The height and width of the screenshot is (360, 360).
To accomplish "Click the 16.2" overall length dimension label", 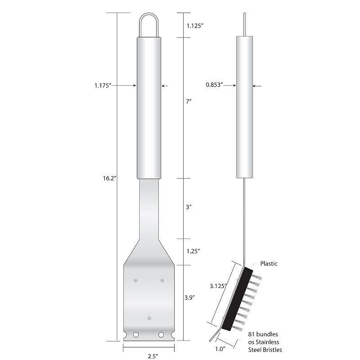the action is tap(110, 178).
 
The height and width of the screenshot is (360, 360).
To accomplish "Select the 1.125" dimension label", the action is tap(195, 26).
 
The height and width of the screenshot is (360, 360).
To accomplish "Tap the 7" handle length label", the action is tap(189, 101).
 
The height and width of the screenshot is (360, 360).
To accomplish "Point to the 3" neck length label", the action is tap(189, 207).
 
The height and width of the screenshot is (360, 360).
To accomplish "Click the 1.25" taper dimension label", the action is tap(193, 251).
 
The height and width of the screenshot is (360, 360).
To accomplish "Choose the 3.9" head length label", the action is tap(189, 297).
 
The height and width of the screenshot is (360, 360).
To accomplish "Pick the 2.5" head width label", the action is tap(153, 356).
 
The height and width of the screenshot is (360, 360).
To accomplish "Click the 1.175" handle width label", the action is tap(103, 85).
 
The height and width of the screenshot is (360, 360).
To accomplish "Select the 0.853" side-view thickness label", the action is tap(215, 85).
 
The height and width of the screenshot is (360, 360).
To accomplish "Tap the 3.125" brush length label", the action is tap(218, 286).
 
